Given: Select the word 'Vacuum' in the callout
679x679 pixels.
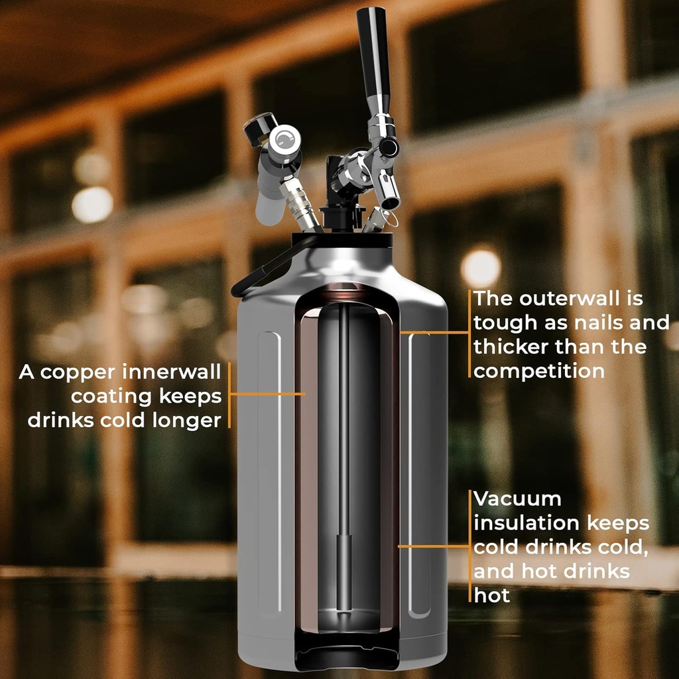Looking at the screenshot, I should tap(517, 499).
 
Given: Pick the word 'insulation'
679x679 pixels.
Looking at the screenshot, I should tap(526, 523).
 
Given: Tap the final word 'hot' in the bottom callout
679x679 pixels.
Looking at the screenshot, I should tap(491, 595).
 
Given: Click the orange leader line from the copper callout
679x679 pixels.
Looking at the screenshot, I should tap(265, 394).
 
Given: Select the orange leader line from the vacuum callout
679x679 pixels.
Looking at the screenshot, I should tap(434, 546).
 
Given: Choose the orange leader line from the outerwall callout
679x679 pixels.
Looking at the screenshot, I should tap(434, 332).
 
